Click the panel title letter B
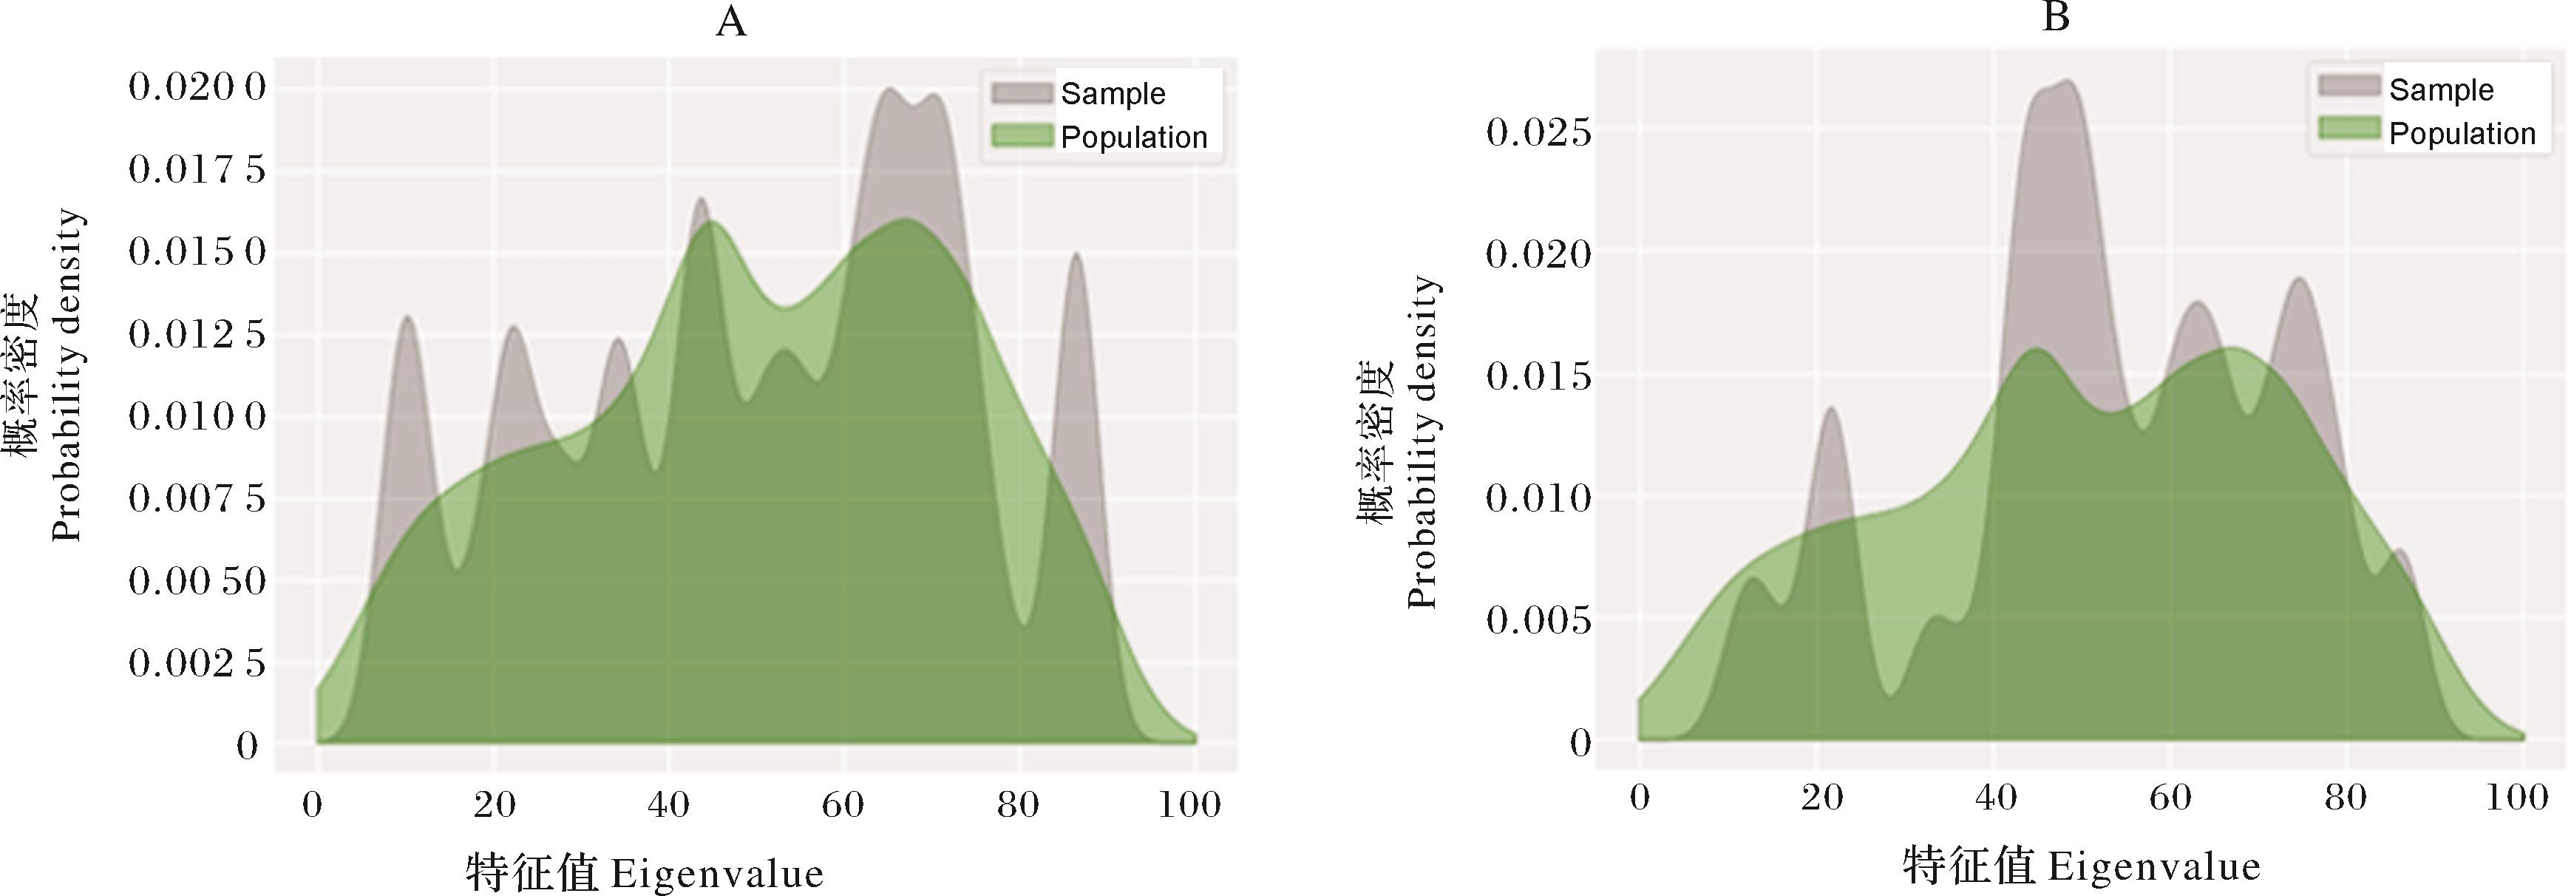coord(2056,18)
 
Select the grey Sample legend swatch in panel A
coord(1021,93)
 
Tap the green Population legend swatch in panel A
coord(1021,136)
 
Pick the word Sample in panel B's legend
coord(2440,89)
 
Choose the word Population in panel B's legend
coord(2461,134)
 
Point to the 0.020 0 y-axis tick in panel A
coord(197,88)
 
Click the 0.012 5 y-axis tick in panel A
coord(197,334)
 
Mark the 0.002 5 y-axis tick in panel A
coord(197,662)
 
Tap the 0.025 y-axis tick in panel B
coord(1538,132)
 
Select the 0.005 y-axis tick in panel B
coord(1538,620)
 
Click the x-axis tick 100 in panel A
coord(1189,804)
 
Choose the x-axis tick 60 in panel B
coord(2170,797)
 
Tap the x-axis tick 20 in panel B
coord(1821,797)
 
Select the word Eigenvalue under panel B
coord(2154,866)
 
